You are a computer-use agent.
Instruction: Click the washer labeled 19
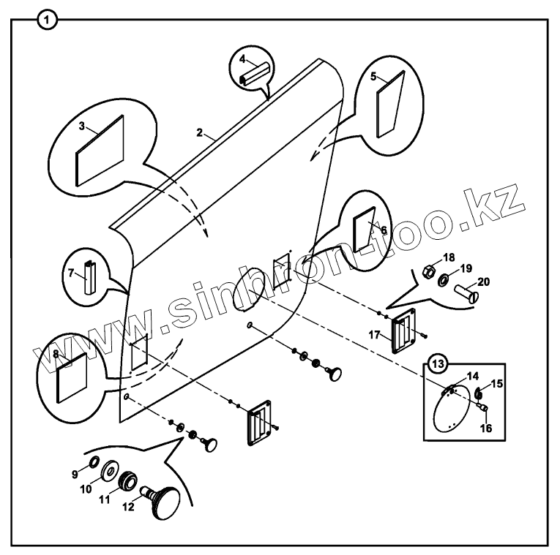tap(444, 282)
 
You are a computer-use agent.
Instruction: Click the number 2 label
tap(199, 132)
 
